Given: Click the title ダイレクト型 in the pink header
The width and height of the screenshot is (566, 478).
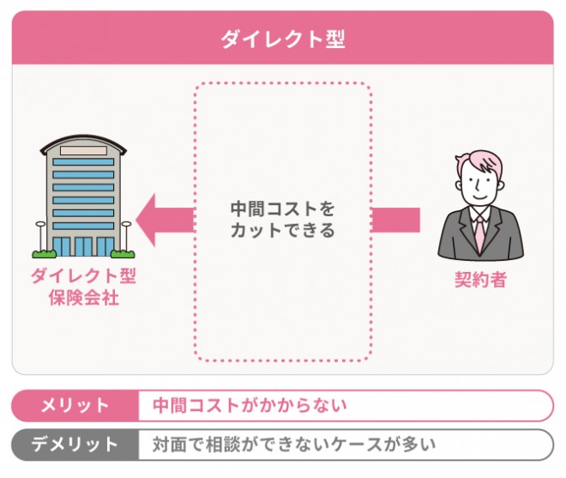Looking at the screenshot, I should [x=282, y=39].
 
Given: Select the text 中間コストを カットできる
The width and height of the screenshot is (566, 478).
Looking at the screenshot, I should [x=282, y=220].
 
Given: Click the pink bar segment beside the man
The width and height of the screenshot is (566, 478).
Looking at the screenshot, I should [x=395, y=220].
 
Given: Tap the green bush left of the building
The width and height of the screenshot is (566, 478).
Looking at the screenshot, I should [x=42, y=252].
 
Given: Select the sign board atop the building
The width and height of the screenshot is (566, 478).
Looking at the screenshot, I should [x=83, y=151].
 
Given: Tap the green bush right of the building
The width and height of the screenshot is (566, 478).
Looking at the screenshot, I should [x=123, y=252].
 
